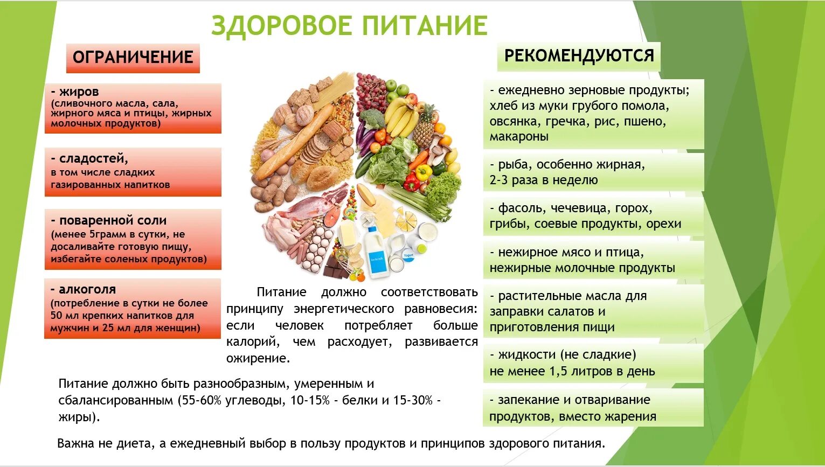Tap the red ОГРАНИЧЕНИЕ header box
coord(133,58)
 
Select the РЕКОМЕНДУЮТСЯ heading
coord(579,56)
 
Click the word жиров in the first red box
coord(79,92)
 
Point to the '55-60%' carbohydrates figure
coord(199,401)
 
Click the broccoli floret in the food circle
coord(371,119)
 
